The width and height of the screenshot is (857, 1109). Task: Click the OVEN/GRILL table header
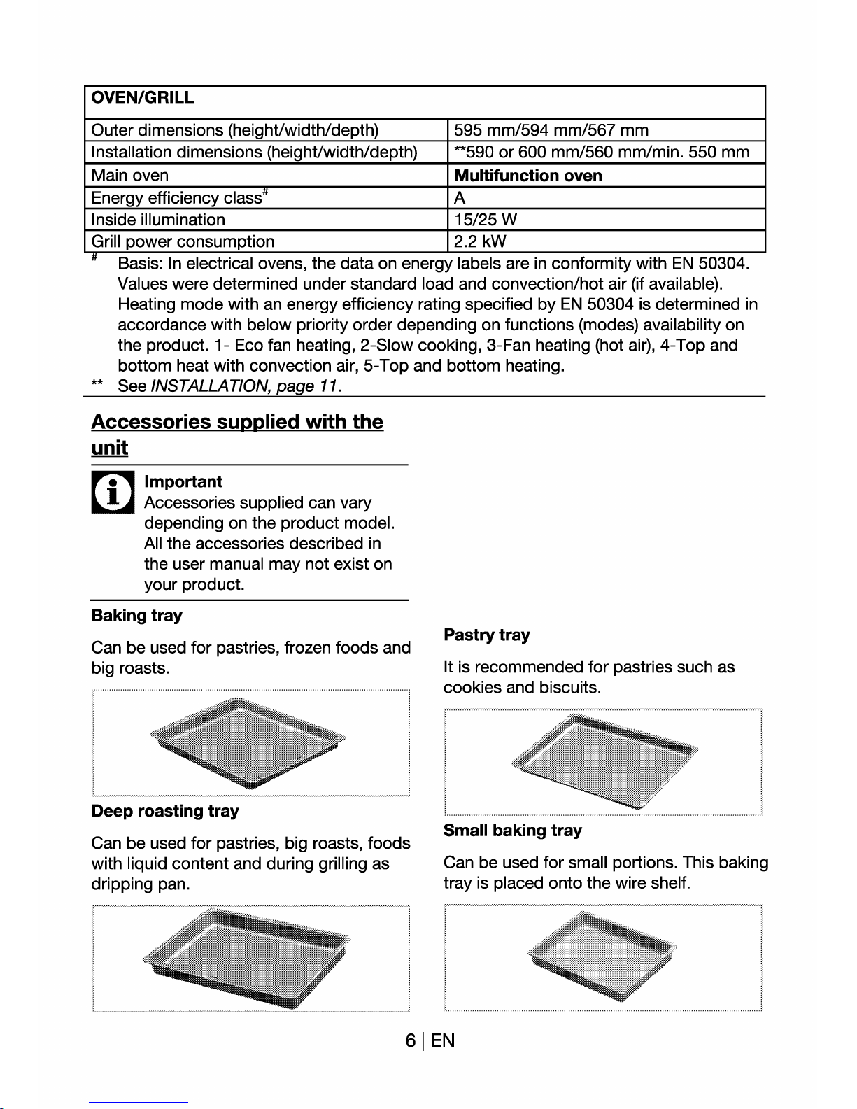pos(143,98)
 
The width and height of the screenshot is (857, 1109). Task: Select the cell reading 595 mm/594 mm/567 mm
pos(551,130)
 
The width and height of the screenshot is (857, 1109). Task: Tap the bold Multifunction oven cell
pos(528,176)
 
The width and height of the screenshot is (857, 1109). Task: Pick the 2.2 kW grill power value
pos(480,241)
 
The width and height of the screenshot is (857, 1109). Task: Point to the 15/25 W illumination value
pos(486,220)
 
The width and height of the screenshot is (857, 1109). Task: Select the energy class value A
pos(460,198)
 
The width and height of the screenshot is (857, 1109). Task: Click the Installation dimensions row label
pos(254,152)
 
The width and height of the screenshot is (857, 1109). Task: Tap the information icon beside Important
pos(112,492)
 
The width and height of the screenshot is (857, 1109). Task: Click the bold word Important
pos(183,481)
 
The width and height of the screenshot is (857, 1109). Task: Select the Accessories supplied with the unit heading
pos(237,434)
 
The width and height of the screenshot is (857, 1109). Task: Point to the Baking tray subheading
pos(137,616)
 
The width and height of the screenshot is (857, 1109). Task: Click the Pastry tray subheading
pos(487,635)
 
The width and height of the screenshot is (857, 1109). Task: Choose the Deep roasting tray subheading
pos(165,811)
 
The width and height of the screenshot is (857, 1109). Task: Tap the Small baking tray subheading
pos(513,831)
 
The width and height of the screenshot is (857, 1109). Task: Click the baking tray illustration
pos(248,742)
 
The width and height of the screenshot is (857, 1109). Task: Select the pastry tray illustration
pos(604,761)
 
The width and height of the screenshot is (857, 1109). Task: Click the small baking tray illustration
pos(602,956)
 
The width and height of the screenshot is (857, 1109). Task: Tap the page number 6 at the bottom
pos(411,1041)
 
